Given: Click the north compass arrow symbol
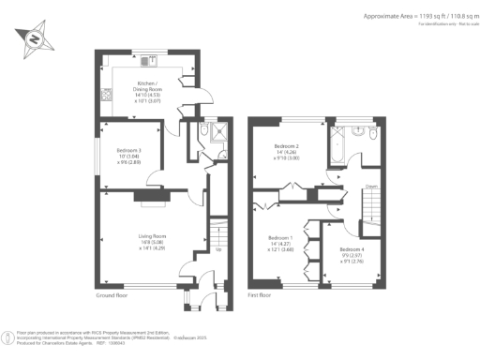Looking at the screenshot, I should click(34, 39).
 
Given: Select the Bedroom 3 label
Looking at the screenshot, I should click(128, 153).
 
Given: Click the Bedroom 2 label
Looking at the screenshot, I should click(286, 151).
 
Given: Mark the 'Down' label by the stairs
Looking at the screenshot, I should click(371, 187).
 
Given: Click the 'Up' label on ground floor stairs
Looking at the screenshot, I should click(217, 249).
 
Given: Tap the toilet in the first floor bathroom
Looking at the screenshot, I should click(372, 137).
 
